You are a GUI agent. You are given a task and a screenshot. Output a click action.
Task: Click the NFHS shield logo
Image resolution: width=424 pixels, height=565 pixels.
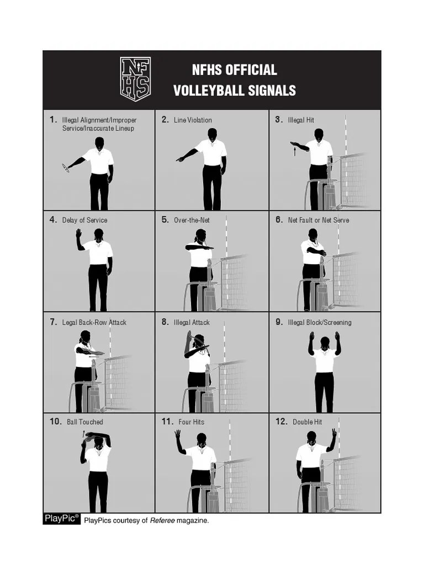135,79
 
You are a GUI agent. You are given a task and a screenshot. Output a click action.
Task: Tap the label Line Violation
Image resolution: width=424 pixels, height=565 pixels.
193,120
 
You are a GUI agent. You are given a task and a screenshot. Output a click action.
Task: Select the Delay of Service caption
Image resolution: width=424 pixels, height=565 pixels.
84,220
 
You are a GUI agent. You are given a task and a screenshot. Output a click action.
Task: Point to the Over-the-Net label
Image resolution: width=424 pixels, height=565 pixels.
192,220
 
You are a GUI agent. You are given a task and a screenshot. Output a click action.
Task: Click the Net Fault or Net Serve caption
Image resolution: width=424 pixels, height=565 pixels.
319,220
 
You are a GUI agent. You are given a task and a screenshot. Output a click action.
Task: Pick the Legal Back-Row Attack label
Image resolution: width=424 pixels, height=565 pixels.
94,322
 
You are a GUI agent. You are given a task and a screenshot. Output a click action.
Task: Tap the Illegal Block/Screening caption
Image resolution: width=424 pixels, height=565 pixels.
319,322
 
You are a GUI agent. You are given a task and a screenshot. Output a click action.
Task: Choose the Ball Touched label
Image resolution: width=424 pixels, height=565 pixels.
84,422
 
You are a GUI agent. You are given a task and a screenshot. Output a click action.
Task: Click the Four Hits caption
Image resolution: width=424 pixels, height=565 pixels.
191,422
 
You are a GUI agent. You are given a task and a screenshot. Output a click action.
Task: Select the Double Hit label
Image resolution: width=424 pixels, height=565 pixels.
307,422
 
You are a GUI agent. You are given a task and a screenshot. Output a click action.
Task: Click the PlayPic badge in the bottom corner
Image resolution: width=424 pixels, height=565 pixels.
61,518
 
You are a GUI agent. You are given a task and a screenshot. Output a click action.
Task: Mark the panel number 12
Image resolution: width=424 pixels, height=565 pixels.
281,422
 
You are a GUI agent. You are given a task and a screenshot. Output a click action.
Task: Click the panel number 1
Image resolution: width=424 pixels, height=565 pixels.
53,119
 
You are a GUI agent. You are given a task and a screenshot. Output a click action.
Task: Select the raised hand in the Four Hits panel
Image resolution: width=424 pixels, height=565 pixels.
177,434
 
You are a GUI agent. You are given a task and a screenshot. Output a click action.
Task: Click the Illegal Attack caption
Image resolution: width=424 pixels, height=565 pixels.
192,322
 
